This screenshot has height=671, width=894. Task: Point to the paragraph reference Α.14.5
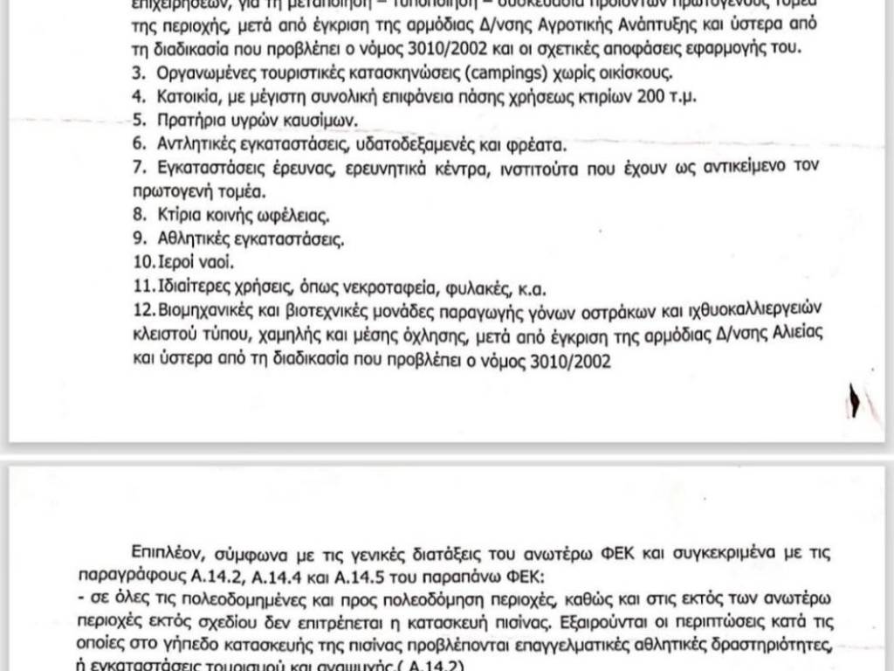tap(406, 577)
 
